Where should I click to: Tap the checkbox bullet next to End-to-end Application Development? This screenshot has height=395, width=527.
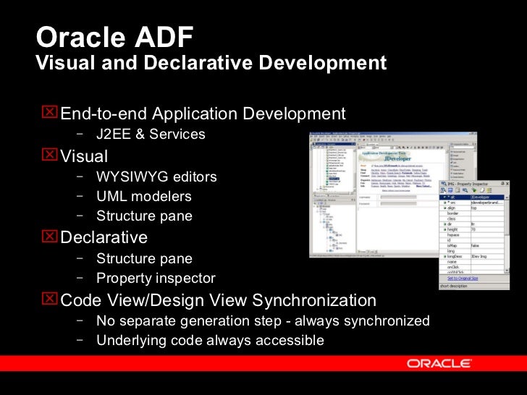[50, 113]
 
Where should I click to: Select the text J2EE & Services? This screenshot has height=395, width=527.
[151, 134]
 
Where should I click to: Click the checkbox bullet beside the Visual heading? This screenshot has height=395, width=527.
[50, 156]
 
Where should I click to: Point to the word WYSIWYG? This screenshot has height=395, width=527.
[131, 177]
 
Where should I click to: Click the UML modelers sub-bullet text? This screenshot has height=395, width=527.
[143, 196]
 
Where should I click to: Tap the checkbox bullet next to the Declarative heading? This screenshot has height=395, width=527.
[50, 237]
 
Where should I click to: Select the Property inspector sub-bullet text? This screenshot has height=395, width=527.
[156, 278]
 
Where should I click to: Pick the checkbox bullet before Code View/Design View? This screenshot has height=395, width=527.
[50, 300]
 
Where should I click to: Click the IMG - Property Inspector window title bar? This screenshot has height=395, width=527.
[475, 186]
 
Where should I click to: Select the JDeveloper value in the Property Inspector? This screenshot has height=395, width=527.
[485, 196]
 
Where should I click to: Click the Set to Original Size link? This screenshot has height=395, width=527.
[465, 278]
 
